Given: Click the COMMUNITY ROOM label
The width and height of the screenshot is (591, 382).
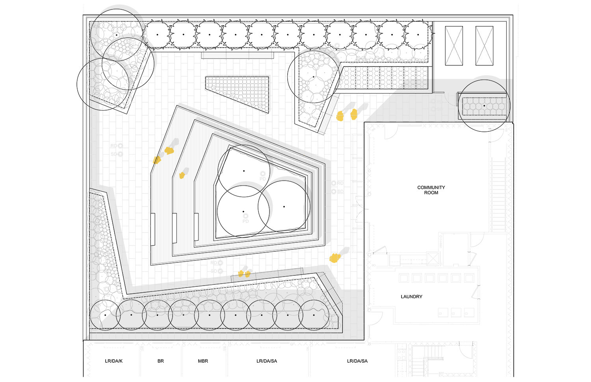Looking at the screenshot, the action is [x=431, y=190].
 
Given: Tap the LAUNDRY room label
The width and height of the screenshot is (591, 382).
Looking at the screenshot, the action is [x=411, y=297].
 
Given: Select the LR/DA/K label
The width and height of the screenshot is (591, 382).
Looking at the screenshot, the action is [x=114, y=361].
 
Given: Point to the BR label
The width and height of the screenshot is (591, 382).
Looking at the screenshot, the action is [x=160, y=361].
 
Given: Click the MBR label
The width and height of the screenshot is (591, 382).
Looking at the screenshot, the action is [x=203, y=361].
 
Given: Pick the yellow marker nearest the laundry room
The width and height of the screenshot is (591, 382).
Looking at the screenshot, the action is [x=335, y=258].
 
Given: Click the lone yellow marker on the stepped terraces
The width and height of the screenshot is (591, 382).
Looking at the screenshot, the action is [x=182, y=175].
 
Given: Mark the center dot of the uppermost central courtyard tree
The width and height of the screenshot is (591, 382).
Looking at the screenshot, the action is [x=244, y=171].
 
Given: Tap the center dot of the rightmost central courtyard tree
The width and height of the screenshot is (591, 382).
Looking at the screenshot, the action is [x=284, y=207].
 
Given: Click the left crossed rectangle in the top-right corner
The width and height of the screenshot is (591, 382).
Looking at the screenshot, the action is [x=454, y=46].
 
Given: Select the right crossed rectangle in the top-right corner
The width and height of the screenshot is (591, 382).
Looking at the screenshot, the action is [x=484, y=46].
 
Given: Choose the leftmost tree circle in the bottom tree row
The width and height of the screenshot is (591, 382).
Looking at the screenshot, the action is [x=105, y=315].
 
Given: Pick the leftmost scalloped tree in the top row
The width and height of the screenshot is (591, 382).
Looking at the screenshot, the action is [x=157, y=35].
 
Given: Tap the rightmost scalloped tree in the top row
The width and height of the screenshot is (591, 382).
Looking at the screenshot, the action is [x=418, y=35].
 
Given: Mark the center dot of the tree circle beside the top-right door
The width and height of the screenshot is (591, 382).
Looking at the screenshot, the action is [x=484, y=106].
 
